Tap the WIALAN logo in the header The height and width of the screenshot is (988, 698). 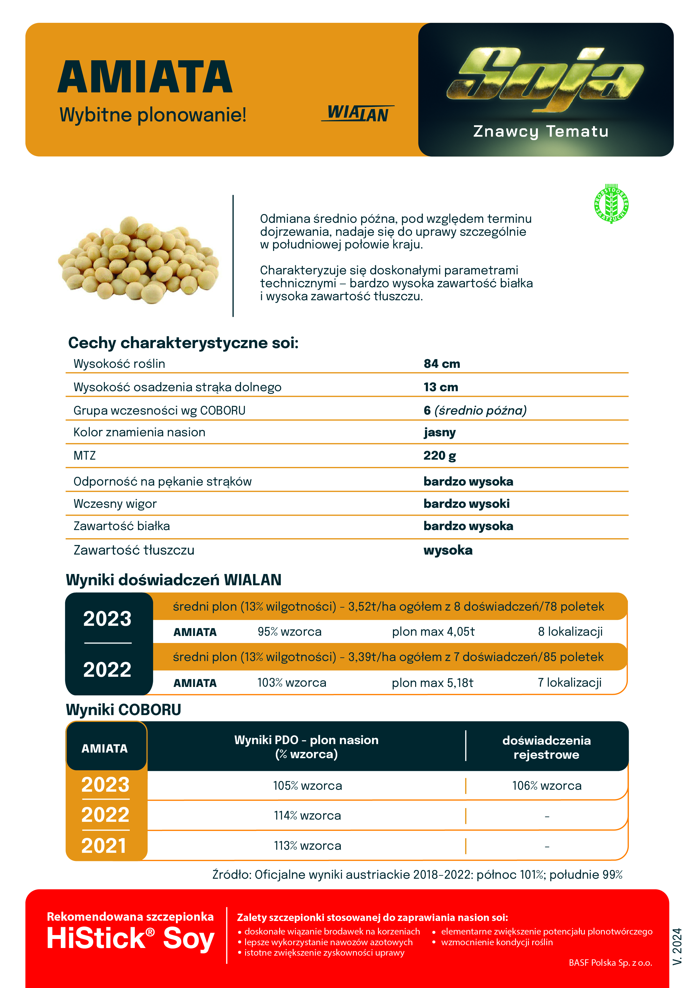click(357, 114)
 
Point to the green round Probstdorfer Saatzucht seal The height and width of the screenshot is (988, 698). click(611, 204)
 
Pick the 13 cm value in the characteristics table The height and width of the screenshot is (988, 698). click(441, 387)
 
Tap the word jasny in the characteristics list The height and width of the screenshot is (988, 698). click(440, 432)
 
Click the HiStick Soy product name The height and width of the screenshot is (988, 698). click(130, 938)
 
